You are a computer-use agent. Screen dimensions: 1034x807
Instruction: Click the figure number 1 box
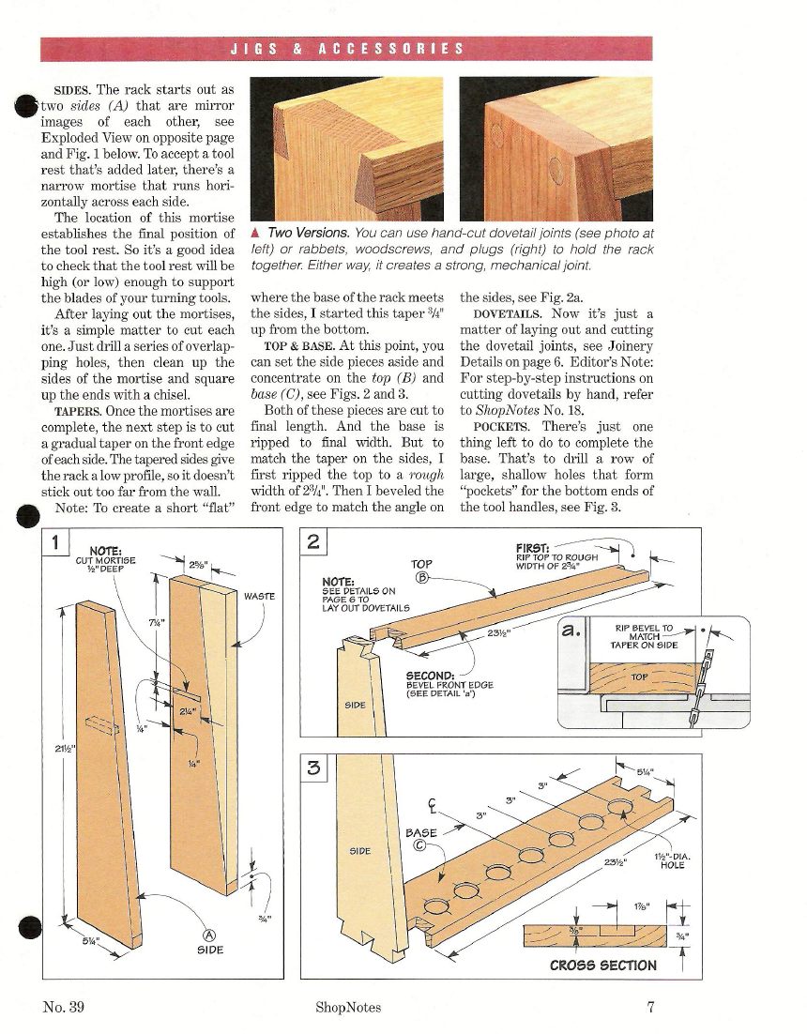(55, 542)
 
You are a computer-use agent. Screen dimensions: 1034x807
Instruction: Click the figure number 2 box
(313, 541)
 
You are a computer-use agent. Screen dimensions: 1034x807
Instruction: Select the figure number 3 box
(313, 768)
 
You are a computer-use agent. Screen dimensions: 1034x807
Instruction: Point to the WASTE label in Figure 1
(258, 595)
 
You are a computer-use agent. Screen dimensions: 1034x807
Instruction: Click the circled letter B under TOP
(421, 576)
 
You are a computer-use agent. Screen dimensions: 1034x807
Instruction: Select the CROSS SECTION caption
(602, 965)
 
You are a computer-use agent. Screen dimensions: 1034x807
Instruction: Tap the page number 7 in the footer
(649, 1008)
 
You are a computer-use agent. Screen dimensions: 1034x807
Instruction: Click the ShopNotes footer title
(349, 1008)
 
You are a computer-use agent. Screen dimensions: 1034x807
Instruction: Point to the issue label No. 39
(66, 1008)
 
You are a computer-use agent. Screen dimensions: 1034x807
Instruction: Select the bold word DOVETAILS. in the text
(505, 312)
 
